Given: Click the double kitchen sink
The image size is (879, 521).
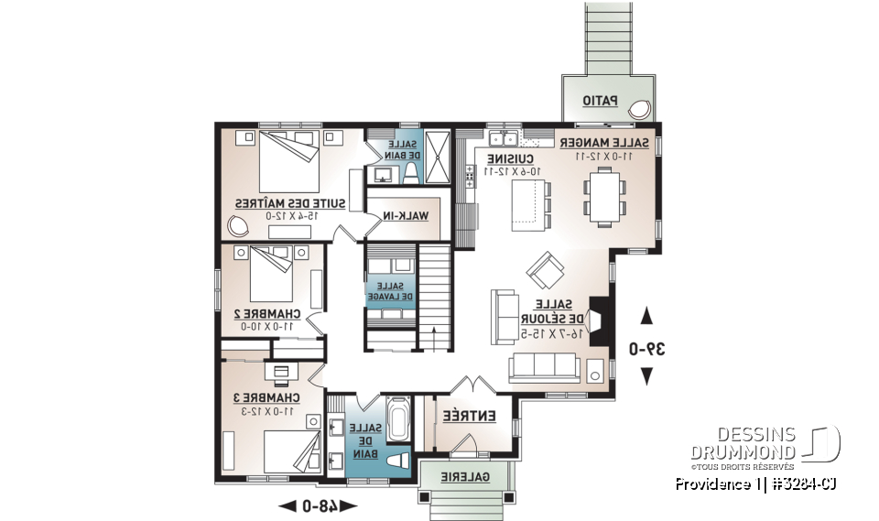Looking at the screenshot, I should point(501,139).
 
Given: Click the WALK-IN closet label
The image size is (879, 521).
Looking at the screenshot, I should point(407,215).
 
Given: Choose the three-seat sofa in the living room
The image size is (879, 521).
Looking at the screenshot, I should point(544,368).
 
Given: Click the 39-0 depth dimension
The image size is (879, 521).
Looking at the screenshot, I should point(646,348).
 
